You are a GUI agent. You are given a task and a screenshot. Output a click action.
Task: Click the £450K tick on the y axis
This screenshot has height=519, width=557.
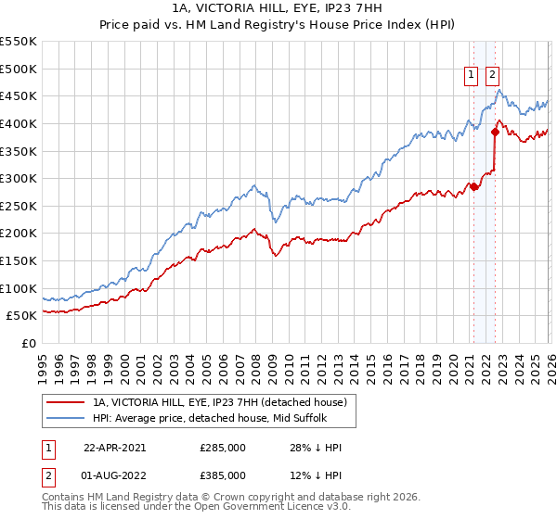point(19,95)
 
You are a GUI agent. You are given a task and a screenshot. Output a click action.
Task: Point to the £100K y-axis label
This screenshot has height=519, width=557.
point(19,288)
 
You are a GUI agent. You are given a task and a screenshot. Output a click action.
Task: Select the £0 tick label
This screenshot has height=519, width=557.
point(28,343)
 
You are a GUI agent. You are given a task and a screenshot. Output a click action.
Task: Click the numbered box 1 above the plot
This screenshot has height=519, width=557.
point(471,77)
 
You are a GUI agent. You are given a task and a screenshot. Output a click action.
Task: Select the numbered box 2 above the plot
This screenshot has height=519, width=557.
point(492,77)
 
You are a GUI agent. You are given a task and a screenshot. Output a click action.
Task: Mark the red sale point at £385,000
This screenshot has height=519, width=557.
point(495,132)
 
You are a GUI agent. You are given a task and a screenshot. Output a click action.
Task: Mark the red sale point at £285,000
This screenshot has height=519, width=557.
point(473,186)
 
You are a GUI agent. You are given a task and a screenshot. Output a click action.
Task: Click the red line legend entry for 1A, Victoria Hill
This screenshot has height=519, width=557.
point(219,402)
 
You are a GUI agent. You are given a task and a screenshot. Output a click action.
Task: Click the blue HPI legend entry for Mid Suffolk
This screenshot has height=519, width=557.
point(217,418)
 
